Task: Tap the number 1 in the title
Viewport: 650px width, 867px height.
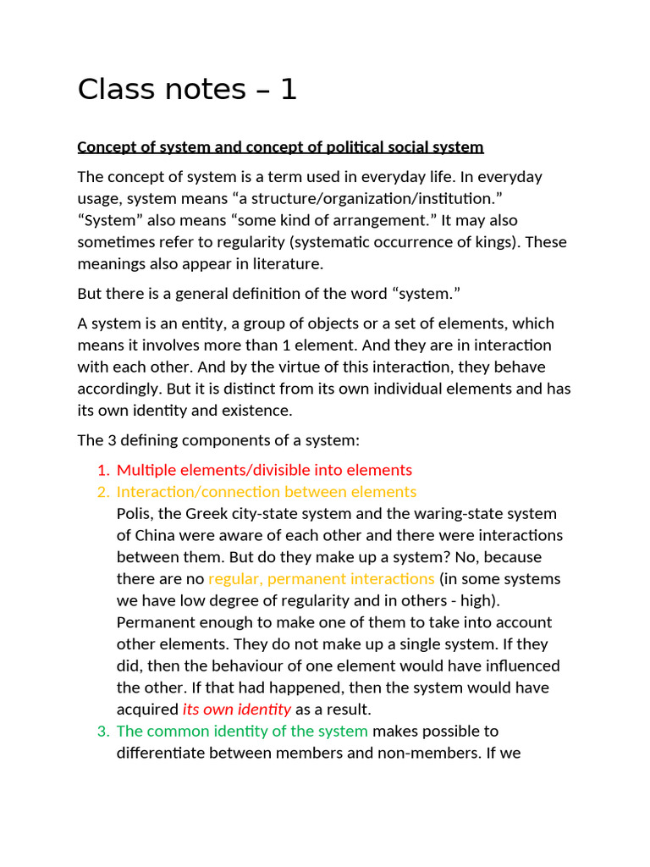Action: [288, 89]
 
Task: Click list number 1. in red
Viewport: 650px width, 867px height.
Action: [103, 470]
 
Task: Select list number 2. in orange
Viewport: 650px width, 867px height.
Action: [103, 492]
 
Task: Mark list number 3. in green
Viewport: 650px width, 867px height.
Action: [103, 731]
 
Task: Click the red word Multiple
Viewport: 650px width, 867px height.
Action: [146, 470]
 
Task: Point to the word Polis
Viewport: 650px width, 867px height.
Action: [135, 514]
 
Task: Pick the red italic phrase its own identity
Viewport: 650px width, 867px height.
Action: [237, 710]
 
